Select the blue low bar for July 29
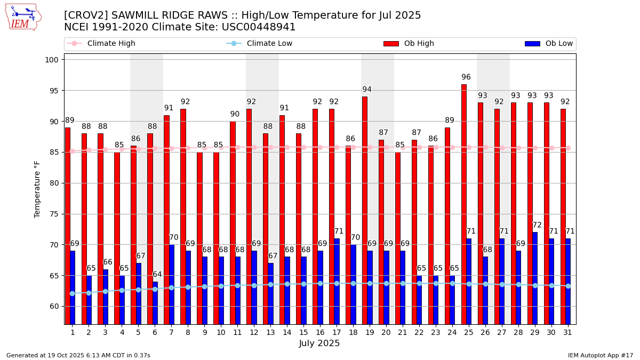[535, 278]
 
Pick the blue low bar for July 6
[155, 303]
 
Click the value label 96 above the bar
[466, 77]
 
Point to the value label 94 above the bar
[367, 90]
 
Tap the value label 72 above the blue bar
[537, 226]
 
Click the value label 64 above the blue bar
[157, 275]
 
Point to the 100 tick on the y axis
[52, 60]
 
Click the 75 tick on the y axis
[54, 214]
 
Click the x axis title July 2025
[319, 343]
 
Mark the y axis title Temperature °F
[37, 189]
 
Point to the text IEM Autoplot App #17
[600, 355]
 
